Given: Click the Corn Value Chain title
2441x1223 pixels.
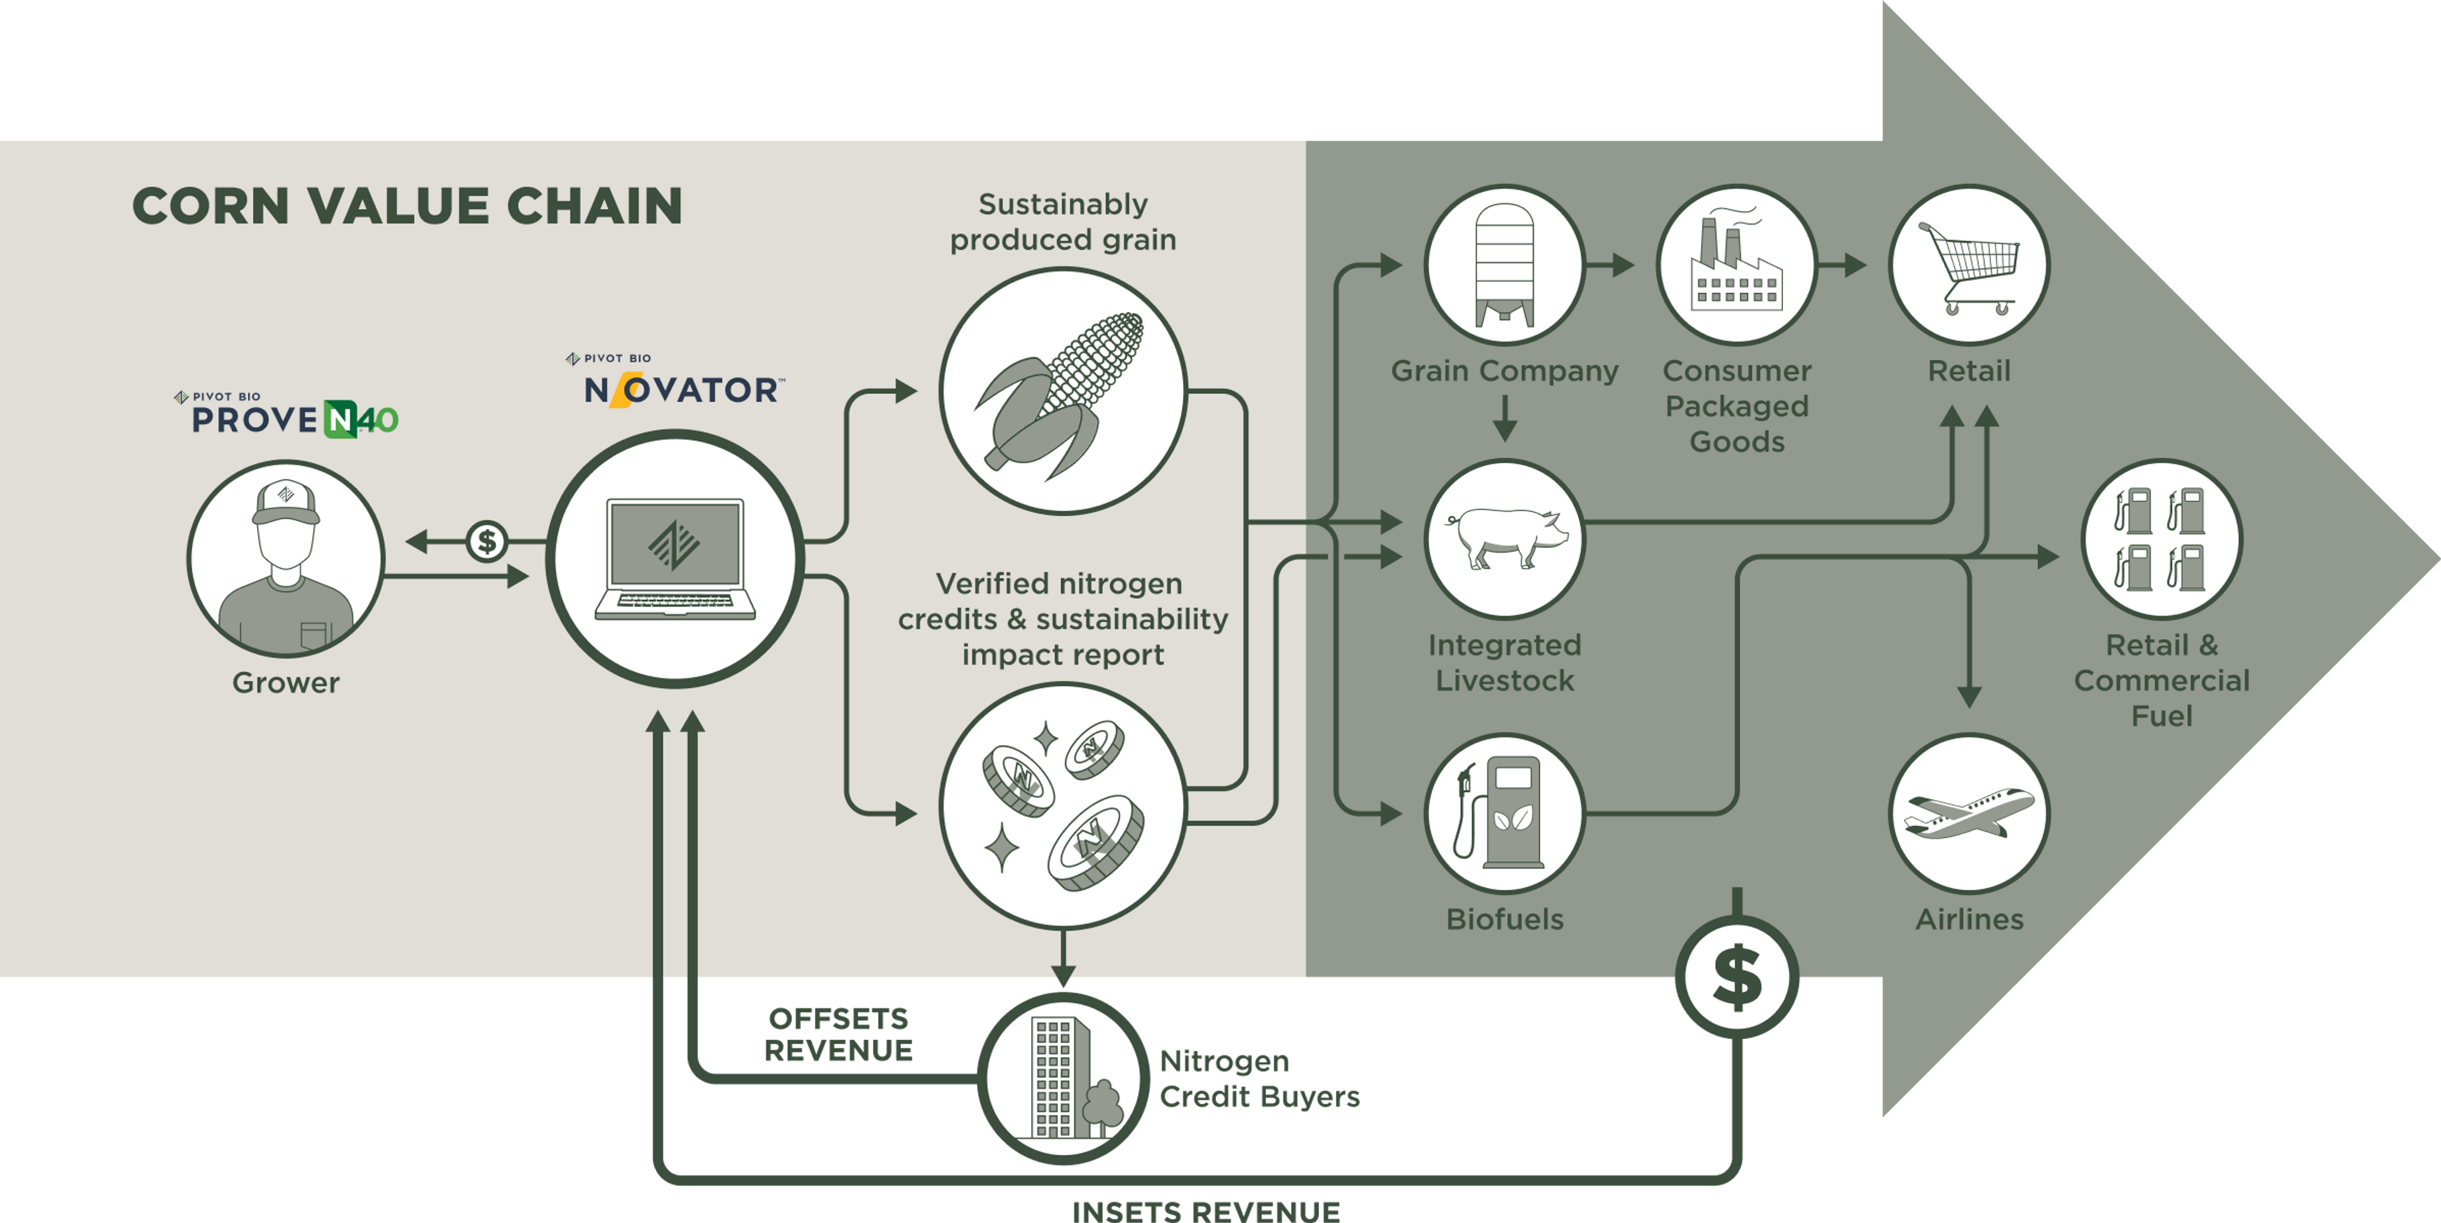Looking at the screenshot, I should (407, 206).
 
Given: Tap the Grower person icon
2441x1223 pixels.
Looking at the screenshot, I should (286, 559).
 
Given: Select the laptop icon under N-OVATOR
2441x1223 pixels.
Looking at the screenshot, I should (674, 559).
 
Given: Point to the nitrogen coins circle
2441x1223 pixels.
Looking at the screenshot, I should (1062, 805).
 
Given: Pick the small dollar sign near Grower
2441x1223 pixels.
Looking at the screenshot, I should (487, 542).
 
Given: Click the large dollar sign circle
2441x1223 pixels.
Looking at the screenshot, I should (1737, 978).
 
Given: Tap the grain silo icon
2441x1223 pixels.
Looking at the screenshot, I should (1505, 266).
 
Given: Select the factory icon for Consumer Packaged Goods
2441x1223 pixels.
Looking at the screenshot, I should (1737, 266).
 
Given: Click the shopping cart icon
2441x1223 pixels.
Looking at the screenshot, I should (1969, 266).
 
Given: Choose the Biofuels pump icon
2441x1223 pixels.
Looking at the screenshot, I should (1505, 813).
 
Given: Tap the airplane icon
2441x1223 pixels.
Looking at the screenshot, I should (1969, 813).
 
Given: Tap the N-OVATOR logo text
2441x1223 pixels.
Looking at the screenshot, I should (682, 388).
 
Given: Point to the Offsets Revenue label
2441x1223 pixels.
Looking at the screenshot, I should (838, 1034).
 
